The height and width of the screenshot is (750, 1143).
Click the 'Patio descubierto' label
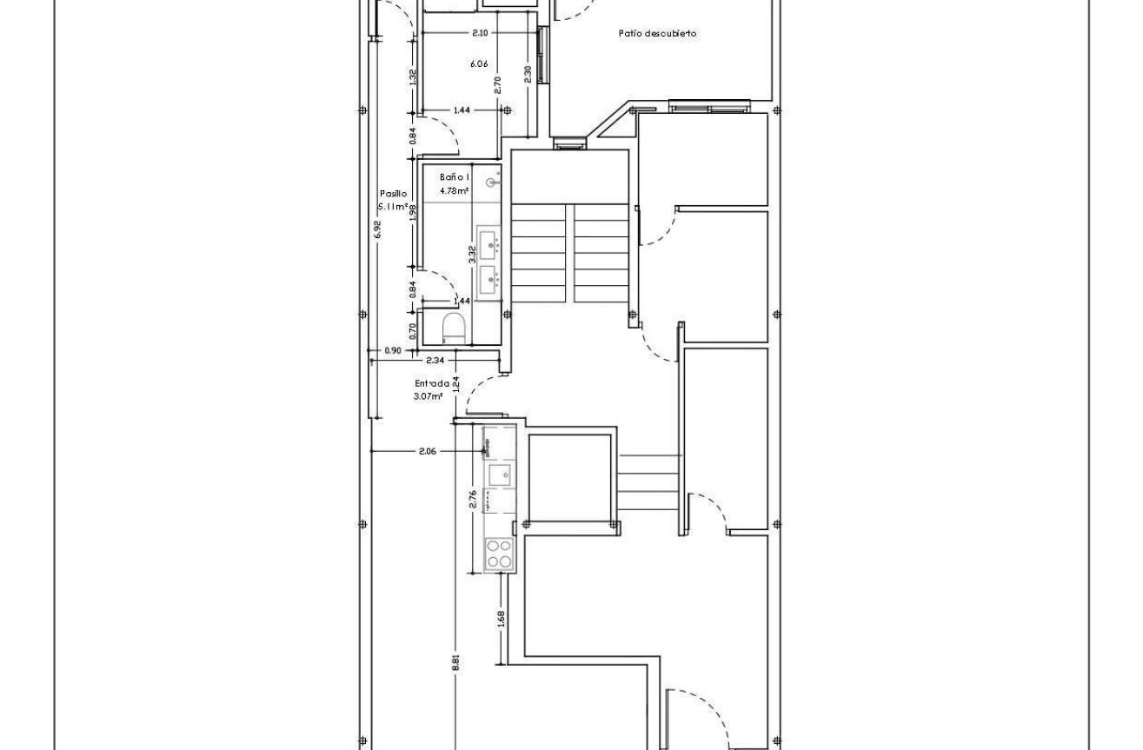(x=657, y=33)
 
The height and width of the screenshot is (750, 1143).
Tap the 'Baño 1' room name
(x=454, y=177)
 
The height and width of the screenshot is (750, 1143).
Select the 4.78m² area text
(x=454, y=190)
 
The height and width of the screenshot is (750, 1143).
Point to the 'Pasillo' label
(x=393, y=194)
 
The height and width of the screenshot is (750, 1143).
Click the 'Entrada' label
(x=431, y=383)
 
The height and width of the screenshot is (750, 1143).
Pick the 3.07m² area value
(x=429, y=396)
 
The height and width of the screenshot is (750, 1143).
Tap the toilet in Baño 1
(x=453, y=329)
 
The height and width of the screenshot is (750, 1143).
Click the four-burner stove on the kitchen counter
(x=499, y=554)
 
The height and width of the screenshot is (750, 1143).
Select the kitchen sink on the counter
(x=499, y=475)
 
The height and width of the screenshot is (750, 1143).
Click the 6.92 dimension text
(x=376, y=229)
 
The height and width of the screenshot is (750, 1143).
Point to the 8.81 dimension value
(x=455, y=662)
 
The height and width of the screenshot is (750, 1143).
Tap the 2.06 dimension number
(x=427, y=451)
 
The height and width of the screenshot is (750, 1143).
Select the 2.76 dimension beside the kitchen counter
(x=473, y=499)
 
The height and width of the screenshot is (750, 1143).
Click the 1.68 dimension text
(x=502, y=619)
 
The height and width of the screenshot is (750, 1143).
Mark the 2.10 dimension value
(x=479, y=33)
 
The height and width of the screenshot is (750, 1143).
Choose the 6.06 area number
(x=478, y=63)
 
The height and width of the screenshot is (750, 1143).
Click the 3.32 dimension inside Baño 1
(x=472, y=255)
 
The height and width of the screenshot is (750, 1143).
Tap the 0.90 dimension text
(x=393, y=351)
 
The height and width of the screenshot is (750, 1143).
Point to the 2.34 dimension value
(x=435, y=360)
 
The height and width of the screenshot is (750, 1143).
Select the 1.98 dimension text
(x=413, y=212)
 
